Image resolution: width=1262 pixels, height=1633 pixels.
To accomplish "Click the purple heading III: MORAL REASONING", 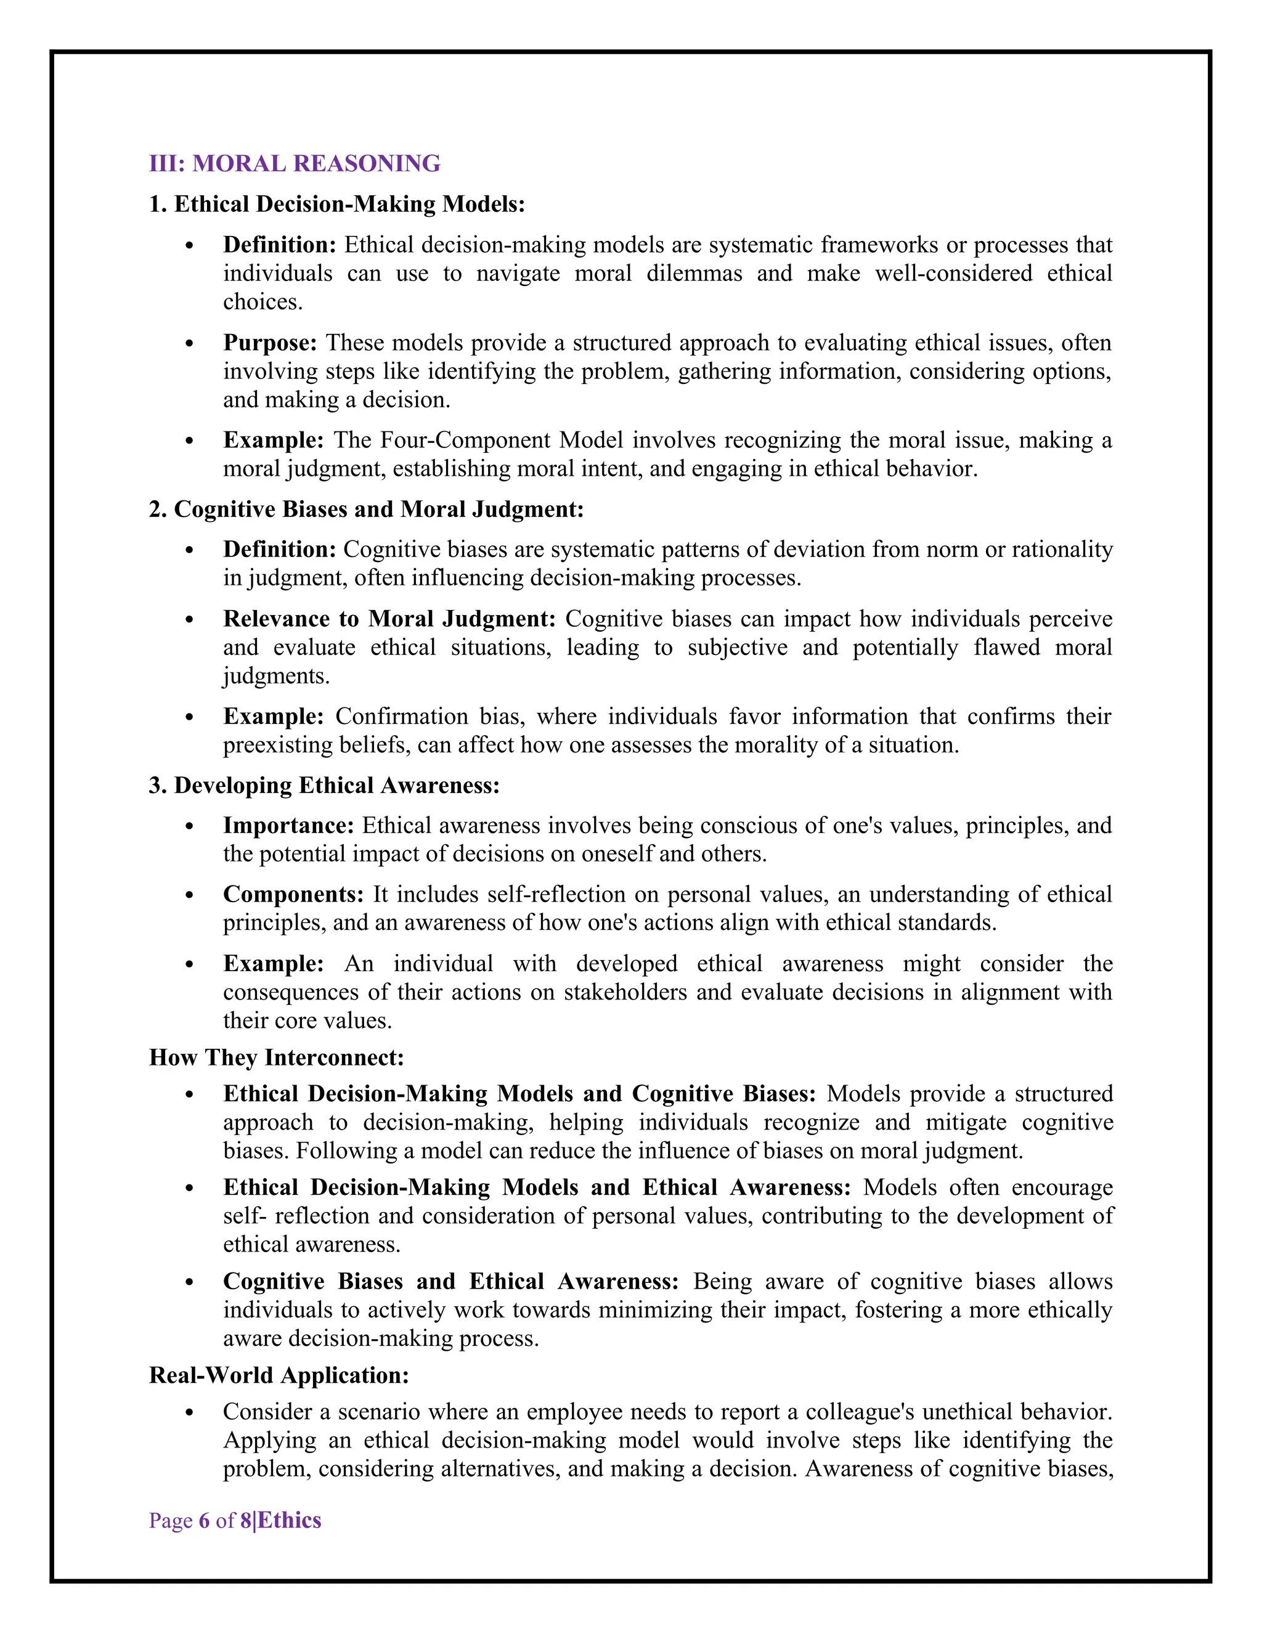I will pos(295,164).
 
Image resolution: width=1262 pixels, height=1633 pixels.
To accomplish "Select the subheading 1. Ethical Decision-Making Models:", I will pos(337,204).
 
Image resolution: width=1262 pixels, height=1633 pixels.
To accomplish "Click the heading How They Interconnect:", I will pos(277,1057).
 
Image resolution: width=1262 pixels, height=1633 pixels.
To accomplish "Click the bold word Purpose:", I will pos(270,343).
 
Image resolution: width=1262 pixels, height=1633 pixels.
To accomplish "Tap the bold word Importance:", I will pos(288,826).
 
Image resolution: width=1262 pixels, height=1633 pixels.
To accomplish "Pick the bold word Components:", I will pos(293,894).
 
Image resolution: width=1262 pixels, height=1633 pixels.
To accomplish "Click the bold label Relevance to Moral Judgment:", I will pos(389,619).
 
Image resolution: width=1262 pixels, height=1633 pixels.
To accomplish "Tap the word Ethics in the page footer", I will pos(290,1520).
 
